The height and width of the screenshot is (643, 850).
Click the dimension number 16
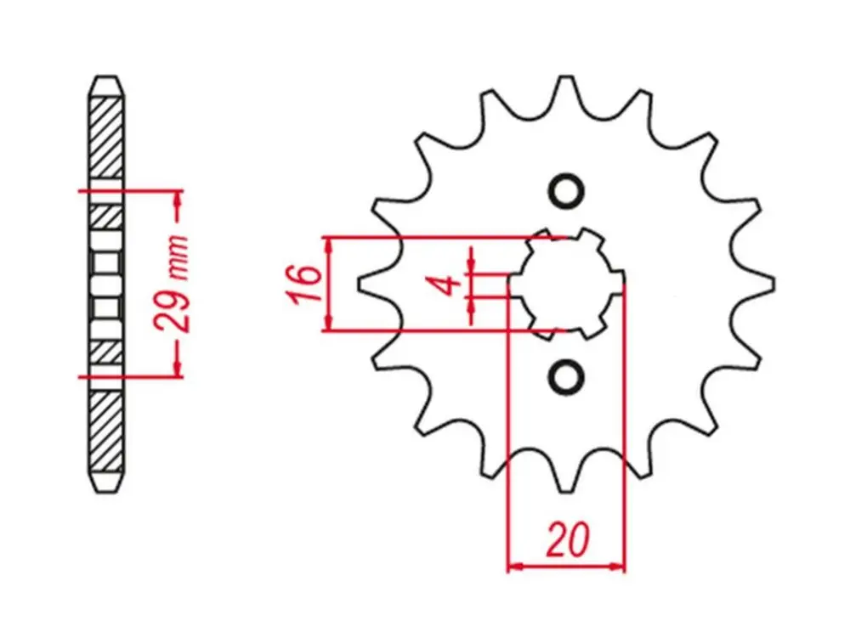pyautogui.click(x=305, y=284)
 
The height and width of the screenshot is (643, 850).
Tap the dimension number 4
pyautogui.click(x=449, y=285)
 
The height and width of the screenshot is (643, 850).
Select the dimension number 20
pyautogui.click(x=567, y=539)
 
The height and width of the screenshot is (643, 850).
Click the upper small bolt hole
pyautogui.click(x=567, y=190)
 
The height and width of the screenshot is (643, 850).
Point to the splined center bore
pyautogui.click(x=567, y=283)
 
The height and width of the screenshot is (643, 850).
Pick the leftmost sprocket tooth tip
pyautogui.click(x=360, y=284)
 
